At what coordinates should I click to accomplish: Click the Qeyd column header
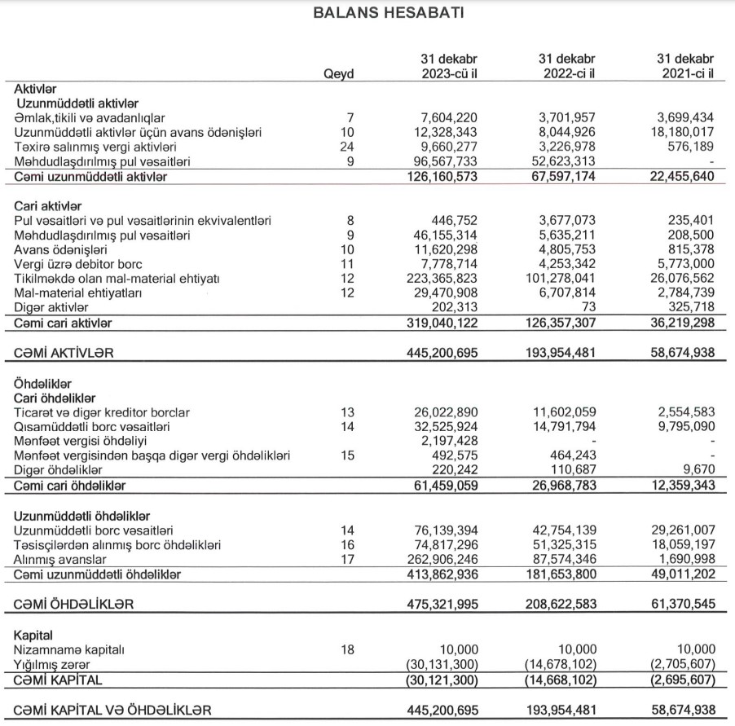(x=338, y=73)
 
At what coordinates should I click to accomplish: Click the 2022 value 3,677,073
(x=567, y=221)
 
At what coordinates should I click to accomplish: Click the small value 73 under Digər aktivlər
(x=589, y=307)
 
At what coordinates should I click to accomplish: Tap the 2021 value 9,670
(x=699, y=471)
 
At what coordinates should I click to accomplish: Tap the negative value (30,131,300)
(x=442, y=663)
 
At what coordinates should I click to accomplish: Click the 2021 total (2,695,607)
(x=682, y=679)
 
